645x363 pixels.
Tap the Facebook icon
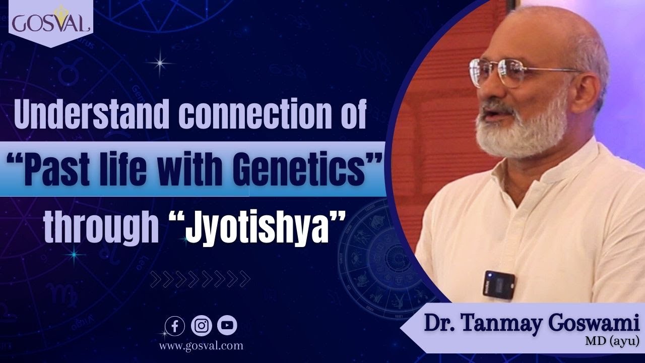click(x=175, y=326)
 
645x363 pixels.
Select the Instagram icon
click(x=202, y=326)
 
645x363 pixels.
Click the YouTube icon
click(x=227, y=326)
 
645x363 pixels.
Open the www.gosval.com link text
click(x=201, y=346)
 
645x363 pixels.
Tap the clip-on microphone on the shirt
click(x=499, y=285)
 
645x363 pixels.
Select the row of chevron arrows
click(x=201, y=278)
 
